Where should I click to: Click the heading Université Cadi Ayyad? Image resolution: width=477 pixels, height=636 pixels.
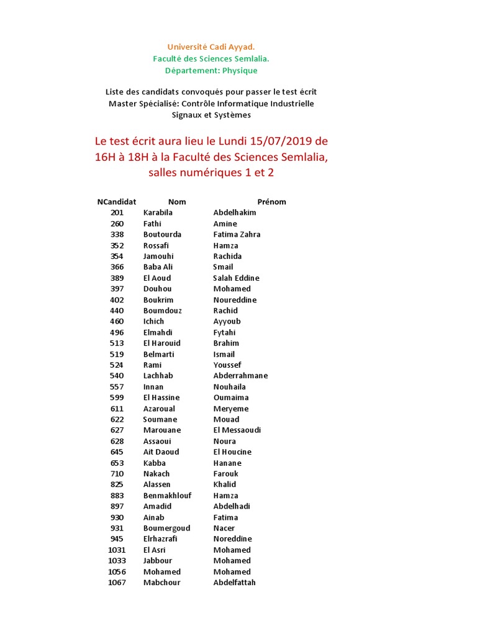[x=211, y=47]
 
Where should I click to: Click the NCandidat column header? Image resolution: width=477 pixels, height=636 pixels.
[x=117, y=202]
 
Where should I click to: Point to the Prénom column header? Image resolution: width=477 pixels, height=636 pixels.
[x=271, y=202]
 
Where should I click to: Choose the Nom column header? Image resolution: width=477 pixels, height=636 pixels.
[x=177, y=202]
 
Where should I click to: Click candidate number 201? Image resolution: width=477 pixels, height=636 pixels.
[x=117, y=212]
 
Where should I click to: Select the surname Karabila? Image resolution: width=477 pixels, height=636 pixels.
[x=158, y=212]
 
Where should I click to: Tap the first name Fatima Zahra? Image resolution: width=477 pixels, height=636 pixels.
[x=237, y=234]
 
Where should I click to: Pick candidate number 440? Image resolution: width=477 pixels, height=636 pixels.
[x=117, y=311]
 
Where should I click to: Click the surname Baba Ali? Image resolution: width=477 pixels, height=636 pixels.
[x=158, y=267]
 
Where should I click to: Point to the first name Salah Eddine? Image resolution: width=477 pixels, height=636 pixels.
[x=236, y=278]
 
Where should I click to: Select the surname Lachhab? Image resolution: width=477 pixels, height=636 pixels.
[x=158, y=376]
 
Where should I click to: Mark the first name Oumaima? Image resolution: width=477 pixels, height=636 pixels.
[x=231, y=397]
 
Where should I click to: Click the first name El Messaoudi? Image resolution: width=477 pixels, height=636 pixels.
[x=237, y=430]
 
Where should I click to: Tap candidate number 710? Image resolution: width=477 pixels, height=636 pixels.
[x=117, y=473]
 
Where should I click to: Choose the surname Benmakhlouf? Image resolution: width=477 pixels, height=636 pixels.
[x=167, y=496]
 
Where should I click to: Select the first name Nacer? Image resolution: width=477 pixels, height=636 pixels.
[x=224, y=528]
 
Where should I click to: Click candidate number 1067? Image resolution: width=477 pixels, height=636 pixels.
[x=117, y=583]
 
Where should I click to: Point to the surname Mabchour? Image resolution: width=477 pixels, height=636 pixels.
[x=161, y=583]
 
